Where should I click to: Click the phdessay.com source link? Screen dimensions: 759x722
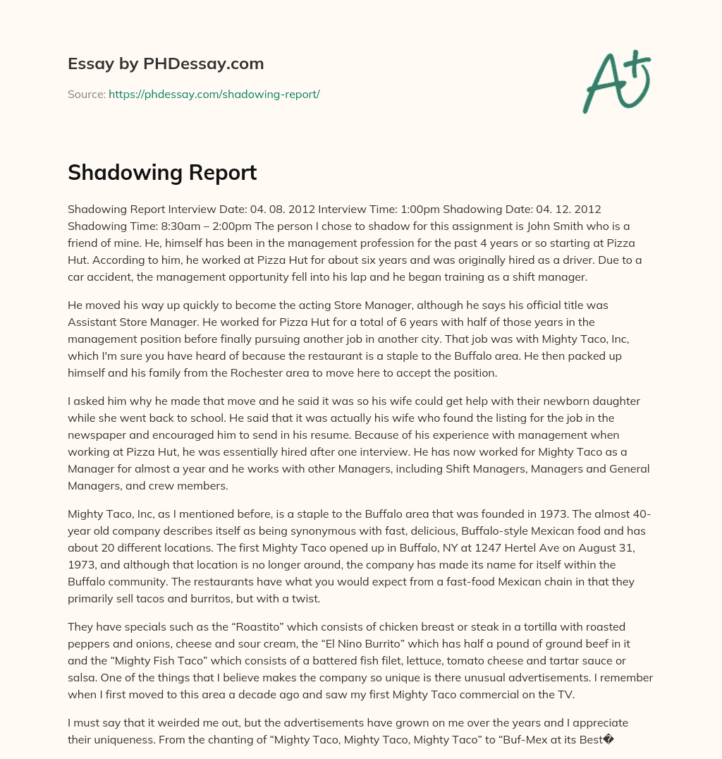[214, 94]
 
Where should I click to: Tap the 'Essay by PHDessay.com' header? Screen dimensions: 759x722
[166, 64]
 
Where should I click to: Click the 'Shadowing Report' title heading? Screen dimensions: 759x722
[162, 173]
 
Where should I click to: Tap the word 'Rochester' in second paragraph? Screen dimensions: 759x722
[295, 373]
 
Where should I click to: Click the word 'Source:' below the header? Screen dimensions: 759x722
[86, 94]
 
